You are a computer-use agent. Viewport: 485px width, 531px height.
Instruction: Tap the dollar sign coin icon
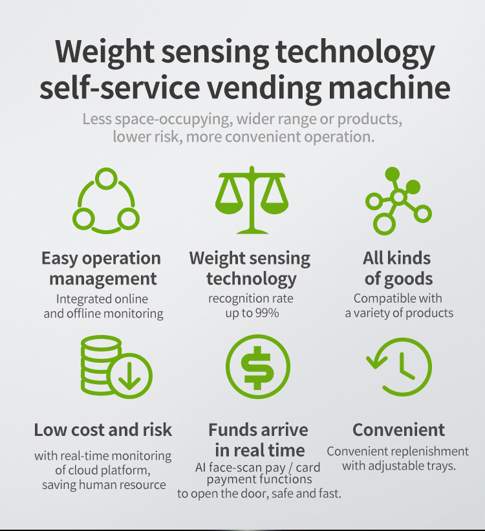click(x=257, y=367)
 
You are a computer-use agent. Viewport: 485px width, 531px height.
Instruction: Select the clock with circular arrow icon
click(x=399, y=367)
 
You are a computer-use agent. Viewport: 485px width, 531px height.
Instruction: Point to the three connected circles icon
click(x=105, y=200)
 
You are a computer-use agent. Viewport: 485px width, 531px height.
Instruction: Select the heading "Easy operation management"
click(x=102, y=268)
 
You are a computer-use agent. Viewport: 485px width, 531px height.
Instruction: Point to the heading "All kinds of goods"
click(x=397, y=268)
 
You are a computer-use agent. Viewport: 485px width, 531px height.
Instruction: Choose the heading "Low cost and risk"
click(x=103, y=429)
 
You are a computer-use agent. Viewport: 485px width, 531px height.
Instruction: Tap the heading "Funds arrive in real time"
click(x=258, y=440)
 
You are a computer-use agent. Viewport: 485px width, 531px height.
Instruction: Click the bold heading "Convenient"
click(x=398, y=429)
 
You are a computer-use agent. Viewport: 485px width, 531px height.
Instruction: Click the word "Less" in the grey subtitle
click(x=96, y=120)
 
